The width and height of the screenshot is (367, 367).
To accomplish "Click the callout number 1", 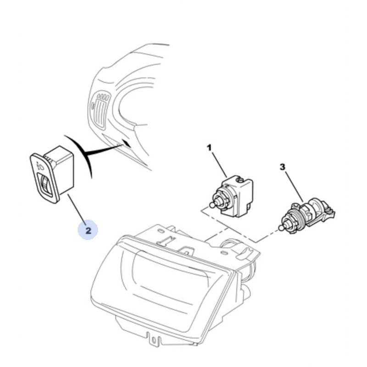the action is [209, 148].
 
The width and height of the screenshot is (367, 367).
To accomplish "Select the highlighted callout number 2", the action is [88, 231].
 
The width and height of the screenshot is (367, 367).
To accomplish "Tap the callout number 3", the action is [283, 167].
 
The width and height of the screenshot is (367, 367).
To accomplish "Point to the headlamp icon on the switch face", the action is [40, 166].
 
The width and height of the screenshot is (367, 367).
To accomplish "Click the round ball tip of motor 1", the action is [212, 205].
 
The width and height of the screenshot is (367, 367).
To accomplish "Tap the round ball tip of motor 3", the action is [281, 228].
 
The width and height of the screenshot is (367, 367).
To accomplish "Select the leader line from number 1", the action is [220, 165].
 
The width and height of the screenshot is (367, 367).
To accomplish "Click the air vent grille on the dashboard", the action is [100, 110].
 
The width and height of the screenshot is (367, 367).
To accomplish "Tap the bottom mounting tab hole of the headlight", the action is [154, 339].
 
